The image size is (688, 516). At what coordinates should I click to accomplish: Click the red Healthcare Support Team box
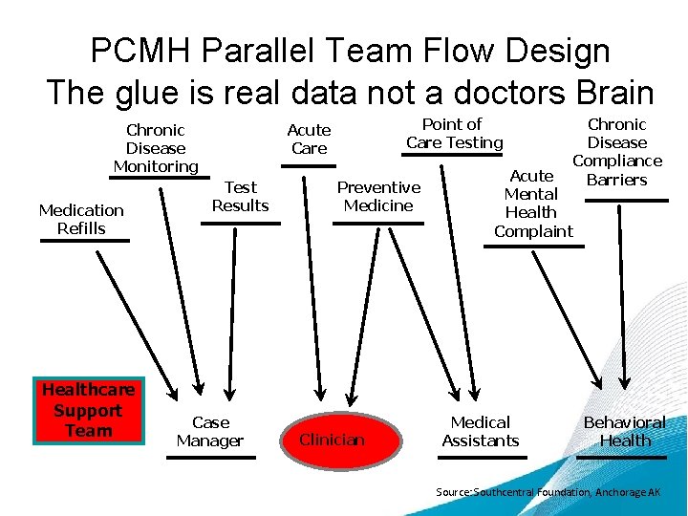(x=88, y=411)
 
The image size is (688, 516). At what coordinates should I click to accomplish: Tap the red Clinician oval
(x=332, y=440)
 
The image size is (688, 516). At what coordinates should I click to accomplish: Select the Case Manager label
(x=210, y=431)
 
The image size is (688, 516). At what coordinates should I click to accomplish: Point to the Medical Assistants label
(x=480, y=431)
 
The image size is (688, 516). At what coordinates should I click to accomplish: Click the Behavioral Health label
(x=624, y=431)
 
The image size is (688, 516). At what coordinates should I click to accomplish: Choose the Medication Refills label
(x=81, y=219)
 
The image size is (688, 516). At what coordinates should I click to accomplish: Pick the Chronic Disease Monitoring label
(x=156, y=148)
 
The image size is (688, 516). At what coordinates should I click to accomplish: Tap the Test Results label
(x=240, y=196)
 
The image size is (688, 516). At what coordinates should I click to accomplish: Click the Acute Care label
(x=309, y=139)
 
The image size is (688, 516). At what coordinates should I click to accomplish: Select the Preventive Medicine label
(x=378, y=196)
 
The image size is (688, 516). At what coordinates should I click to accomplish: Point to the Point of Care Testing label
(x=454, y=133)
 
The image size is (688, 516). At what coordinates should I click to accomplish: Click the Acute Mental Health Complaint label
(x=532, y=204)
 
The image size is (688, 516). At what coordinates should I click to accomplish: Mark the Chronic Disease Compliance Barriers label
(x=617, y=151)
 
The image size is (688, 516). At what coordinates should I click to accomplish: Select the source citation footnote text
(x=548, y=492)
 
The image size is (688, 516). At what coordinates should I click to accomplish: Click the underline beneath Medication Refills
(x=84, y=241)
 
